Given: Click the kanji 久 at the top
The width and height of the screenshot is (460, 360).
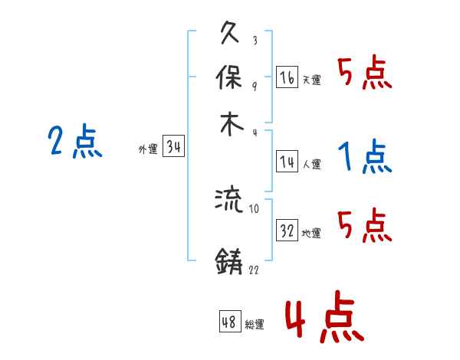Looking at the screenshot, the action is coord(231,34).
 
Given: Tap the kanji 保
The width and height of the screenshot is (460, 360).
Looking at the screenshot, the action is coord(231,78).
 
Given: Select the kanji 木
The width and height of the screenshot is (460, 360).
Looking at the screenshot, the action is coord(231,123).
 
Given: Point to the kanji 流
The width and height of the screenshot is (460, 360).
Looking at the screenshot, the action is coord(229,201).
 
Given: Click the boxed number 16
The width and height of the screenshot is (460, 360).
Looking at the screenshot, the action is coord(287,77).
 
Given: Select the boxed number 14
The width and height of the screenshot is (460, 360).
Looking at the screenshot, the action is coord(287,161).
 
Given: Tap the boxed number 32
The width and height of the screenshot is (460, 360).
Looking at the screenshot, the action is coord(287,231).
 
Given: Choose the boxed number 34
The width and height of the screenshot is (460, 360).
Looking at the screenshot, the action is coord(173,147).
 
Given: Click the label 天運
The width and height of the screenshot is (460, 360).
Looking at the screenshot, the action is coord(311,80).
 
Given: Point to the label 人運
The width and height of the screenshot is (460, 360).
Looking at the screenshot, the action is coord(311,163).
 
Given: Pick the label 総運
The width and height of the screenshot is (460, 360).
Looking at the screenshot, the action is coord(255,325).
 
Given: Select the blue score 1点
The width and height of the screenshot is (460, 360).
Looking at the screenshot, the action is coord(365,157).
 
